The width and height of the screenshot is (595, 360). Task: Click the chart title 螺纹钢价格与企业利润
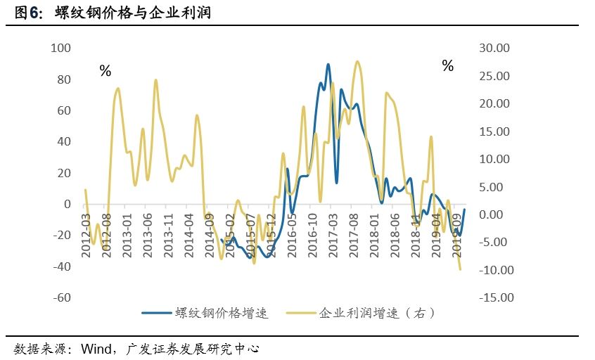[x=133, y=13]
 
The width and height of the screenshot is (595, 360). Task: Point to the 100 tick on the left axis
[x=61, y=48]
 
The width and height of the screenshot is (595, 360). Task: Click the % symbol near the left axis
[x=105, y=70]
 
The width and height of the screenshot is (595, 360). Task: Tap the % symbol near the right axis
[x=448, y=66]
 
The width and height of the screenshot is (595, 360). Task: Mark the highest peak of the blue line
[x=328, y=64]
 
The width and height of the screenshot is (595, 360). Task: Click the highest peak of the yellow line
[x=358, y=61]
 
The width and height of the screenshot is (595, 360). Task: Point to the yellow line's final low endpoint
[x=461, y=269]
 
